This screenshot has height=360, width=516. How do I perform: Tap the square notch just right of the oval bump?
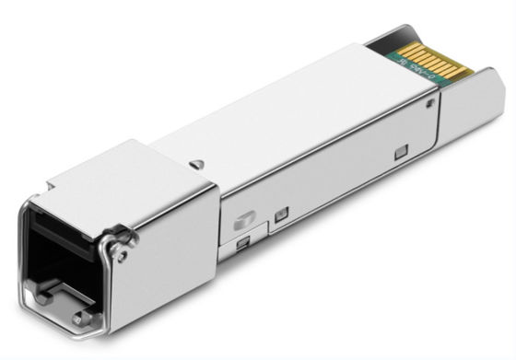[x=281, y=214]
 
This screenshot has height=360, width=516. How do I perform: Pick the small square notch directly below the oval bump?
[x=242, y=244]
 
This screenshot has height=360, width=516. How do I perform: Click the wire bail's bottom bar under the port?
[x=64, y=319]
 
